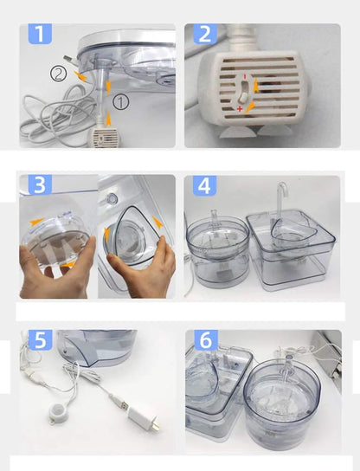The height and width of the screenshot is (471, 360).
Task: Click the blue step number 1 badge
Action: (40, 34)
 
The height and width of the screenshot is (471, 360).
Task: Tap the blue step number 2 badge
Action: (205, 34)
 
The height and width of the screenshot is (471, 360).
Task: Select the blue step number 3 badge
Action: (40, 184)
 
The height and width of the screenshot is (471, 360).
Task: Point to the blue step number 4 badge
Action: (204, 185)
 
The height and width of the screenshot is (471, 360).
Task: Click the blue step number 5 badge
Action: (40, 339)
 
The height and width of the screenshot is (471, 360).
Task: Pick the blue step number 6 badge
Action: (206, 339)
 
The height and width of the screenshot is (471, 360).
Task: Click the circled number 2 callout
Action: (58, 74)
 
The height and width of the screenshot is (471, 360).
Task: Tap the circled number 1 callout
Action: (121, 102)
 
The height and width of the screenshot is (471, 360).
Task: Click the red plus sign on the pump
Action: (240, 108)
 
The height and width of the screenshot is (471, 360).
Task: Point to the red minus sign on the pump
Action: (245, 76)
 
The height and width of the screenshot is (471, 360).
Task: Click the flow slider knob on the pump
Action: (242, 97)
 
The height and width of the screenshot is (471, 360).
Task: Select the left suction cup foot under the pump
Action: (232, 132)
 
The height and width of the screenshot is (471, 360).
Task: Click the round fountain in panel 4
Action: (218, 249)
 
